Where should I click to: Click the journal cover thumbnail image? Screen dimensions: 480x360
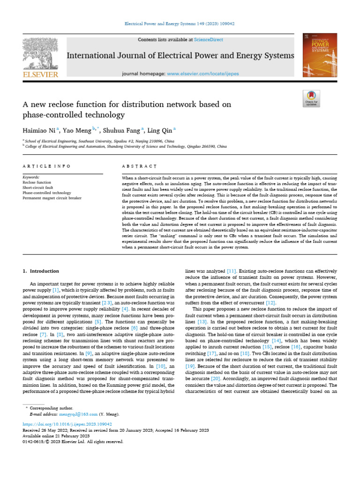[320, 55]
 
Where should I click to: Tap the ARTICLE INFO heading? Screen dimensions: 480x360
[46, 166]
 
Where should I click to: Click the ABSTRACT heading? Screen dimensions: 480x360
[139, 166]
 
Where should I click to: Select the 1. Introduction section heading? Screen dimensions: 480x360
[41, 271]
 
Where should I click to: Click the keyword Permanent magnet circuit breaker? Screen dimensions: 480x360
[52, 198]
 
